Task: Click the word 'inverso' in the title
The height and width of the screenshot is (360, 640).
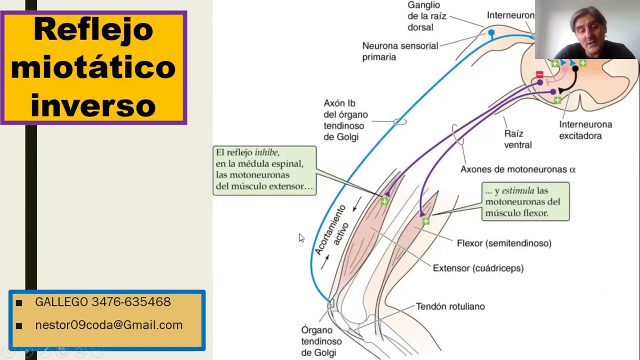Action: [93, 105]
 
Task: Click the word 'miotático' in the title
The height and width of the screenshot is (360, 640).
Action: [93, 67]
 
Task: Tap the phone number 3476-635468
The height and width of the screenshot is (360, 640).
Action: [131, 301]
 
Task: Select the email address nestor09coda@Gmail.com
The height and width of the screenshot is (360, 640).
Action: [109, 325]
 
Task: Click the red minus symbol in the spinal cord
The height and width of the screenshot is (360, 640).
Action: [539, 74]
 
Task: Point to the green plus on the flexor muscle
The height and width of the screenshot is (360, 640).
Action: [425, 221]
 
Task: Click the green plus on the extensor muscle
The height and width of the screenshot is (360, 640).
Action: [384, 201]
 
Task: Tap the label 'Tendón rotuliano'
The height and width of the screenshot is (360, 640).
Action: [450, 306]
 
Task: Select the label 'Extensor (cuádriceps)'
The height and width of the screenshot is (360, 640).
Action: [478, 268]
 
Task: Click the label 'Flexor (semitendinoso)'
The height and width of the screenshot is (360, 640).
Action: [504, 243]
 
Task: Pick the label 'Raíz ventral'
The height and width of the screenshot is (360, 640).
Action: [517, 139]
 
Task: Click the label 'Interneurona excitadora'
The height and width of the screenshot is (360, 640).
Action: [585, 130]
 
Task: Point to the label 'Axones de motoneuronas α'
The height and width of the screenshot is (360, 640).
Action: [518, 169]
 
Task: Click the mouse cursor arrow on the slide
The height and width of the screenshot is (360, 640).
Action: [301, 237]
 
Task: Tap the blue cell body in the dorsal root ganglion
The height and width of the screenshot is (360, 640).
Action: [491, 32]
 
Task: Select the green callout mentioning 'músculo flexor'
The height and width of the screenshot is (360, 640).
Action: [525, 201]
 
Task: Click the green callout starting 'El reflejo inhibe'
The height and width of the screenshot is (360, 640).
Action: [264, 170]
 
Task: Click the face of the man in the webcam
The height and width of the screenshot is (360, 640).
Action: [588, 31]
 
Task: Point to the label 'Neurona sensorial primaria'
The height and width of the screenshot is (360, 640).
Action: [400, 51]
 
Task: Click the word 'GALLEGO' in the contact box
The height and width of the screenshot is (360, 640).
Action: [61, 301]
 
